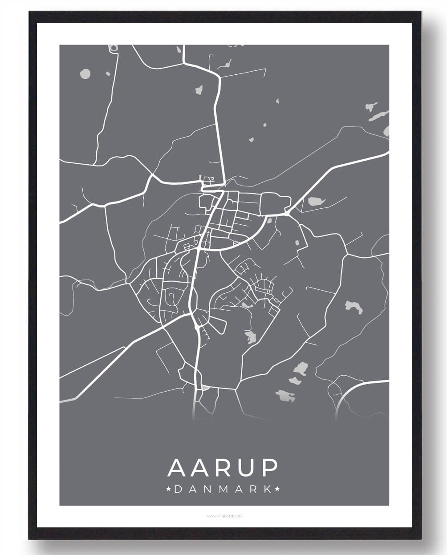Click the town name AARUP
(x=223, y=467)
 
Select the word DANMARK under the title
(x=223, y=489)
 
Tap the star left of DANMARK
(x=168, y=489)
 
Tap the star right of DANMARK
(x=277, y=489)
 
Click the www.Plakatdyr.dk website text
(x=224, y=516)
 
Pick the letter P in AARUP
(x=270, y=467)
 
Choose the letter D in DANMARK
(x=178, y=489)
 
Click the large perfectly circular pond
(x=85, y=73)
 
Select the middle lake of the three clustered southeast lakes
(x=294, y=381)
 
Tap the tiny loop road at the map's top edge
(x=113, y=47)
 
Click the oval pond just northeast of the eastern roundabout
(x=317, y=201)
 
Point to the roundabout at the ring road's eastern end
(x=288, y=213)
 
